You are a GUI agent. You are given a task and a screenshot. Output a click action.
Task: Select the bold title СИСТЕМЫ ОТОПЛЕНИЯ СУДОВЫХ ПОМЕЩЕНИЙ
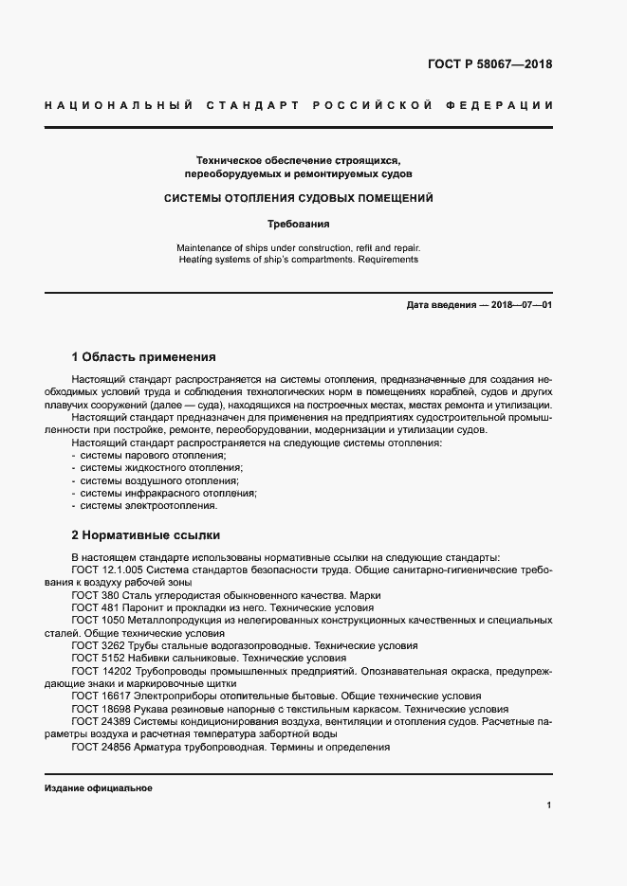(x=299, y=199)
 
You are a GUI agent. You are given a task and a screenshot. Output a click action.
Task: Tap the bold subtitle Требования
(x=299, y=225)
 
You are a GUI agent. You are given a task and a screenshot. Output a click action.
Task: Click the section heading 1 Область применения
(x=144, y=357)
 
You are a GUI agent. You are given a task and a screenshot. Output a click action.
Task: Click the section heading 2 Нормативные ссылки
(x=145, y=533)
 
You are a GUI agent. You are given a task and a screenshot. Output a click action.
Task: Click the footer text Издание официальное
(x=98, y=788)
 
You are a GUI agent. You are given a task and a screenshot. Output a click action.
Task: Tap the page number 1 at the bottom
(x=549, y=805)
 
